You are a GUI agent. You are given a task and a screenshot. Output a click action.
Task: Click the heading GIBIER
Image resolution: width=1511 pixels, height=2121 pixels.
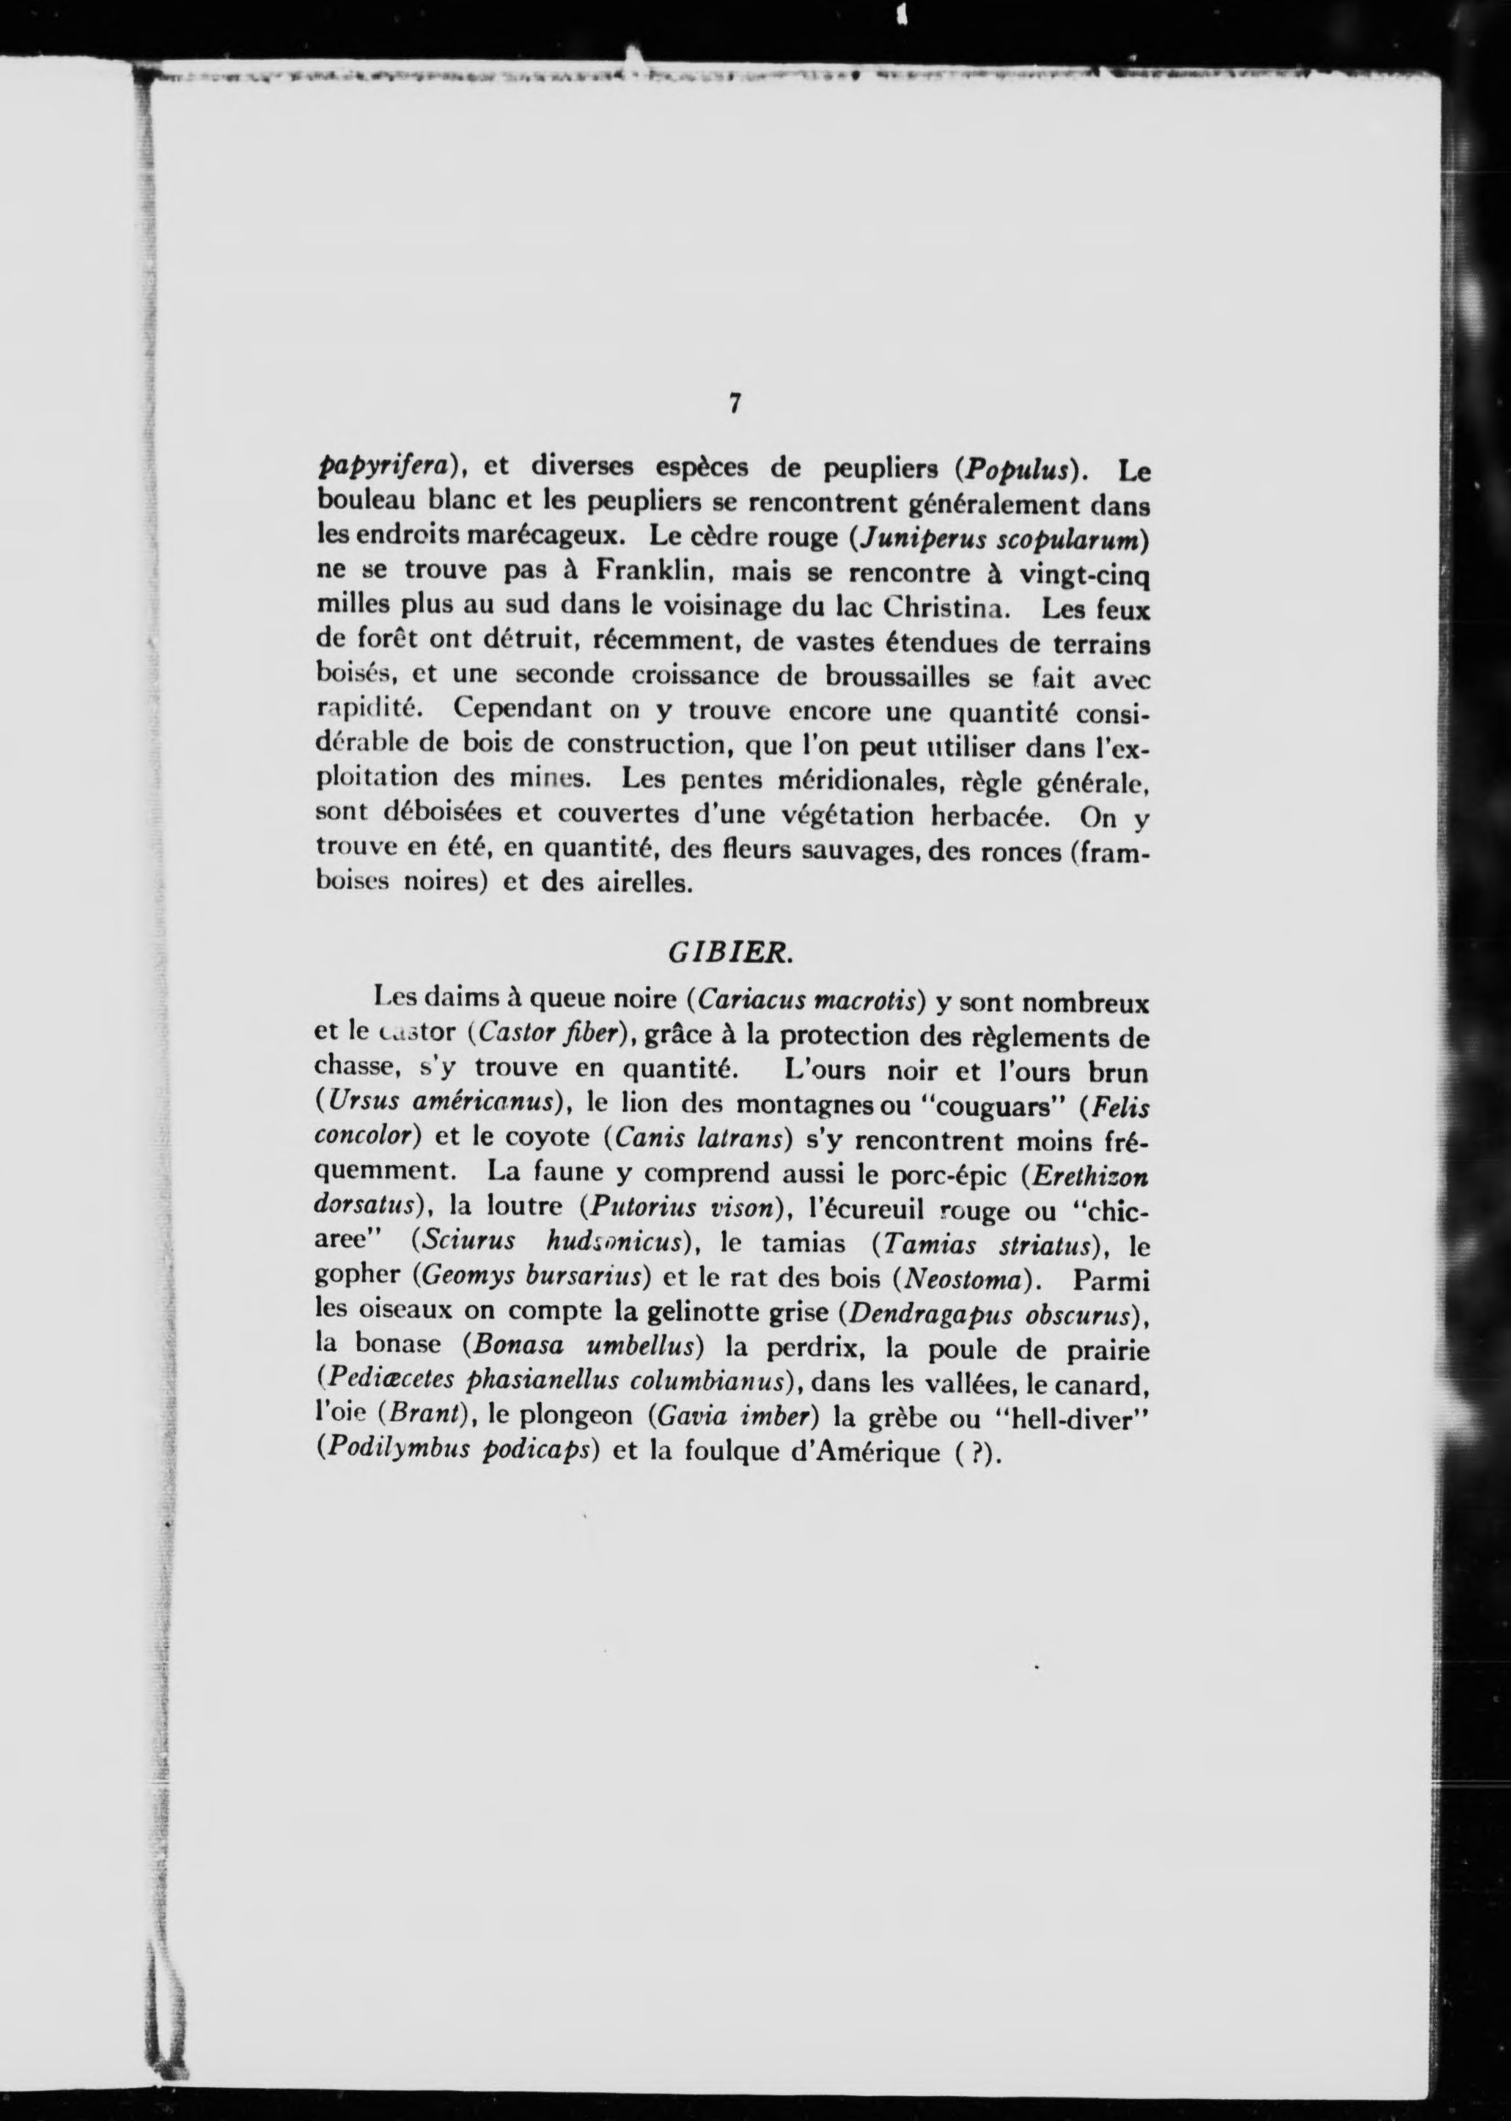pyautogui.click(x=730, y=952)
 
